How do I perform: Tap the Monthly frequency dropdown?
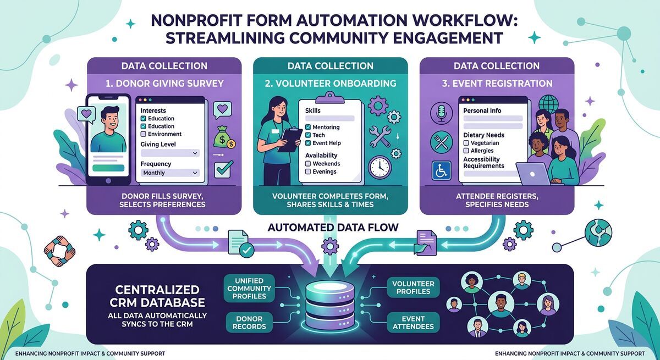pos(170,173)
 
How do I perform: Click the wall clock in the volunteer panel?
pos(380,167)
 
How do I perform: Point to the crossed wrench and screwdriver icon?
pos(379,135)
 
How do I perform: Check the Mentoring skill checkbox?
pos(308,128)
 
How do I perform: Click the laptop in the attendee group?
pos(531,174)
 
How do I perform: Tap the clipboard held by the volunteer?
pos(290,139)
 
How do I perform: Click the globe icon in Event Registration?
pos(547,104)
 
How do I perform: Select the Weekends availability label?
pos(326,163)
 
